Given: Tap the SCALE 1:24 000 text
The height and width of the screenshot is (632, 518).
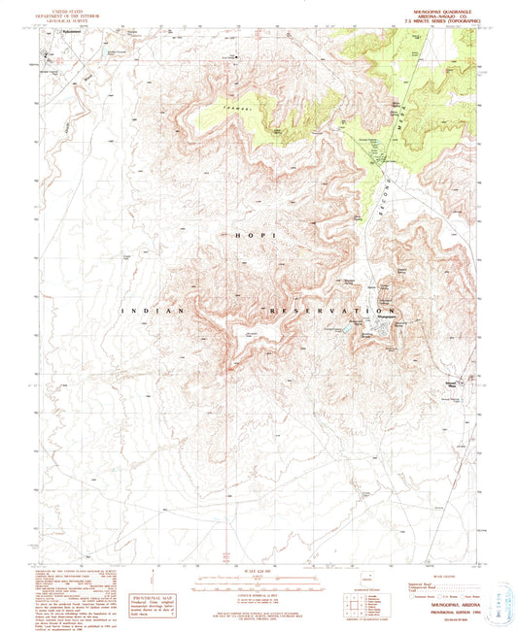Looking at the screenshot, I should pyautogui.click(x=259, y=569).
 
